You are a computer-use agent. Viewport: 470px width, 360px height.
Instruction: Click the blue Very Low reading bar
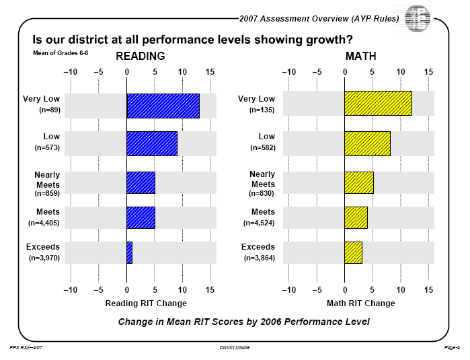pos(163,106)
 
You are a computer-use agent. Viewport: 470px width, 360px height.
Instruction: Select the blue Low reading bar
pos(152,143)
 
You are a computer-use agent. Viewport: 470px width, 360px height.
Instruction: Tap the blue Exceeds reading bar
pos(130,252)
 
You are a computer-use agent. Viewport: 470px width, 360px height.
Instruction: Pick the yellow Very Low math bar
pos(378,106)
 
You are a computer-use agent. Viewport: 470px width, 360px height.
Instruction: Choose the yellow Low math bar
pos(367,143)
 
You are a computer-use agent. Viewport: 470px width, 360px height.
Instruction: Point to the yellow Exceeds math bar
pos(353,252)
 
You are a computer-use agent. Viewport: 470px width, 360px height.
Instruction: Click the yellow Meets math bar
pos(356,217)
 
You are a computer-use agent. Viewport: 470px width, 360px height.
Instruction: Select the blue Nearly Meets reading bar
pos(141,183)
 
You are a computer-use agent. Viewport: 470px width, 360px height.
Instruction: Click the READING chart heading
pos(141,56)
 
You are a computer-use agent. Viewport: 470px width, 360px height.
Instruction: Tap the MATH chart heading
pos(361,56)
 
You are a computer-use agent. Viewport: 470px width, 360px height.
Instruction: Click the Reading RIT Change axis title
pos(146,303)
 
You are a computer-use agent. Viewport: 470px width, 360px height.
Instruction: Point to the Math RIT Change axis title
pos(361,303)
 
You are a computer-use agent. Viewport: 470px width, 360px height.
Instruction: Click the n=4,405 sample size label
pos(44,222)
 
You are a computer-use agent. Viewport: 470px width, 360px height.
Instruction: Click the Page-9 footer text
pos(452,347)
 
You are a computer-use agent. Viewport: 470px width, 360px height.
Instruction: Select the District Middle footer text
pos(235,347)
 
